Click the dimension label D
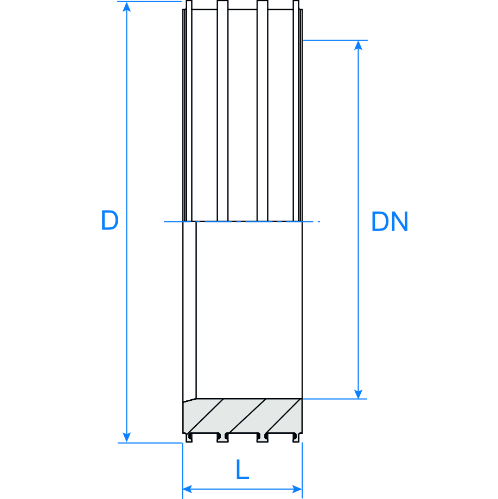(110, 221)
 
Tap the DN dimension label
(389, 222)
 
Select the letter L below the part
(242, 470)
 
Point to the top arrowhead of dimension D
(127, 7)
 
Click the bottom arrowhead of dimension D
(127, 437)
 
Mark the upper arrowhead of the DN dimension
(358, 45)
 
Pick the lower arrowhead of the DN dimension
(358, 394)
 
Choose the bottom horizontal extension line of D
(150, 443)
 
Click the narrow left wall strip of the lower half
(189, 309)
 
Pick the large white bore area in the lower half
(249, 309)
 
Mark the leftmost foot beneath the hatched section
(189, 437)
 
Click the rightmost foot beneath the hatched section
(296, 437)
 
